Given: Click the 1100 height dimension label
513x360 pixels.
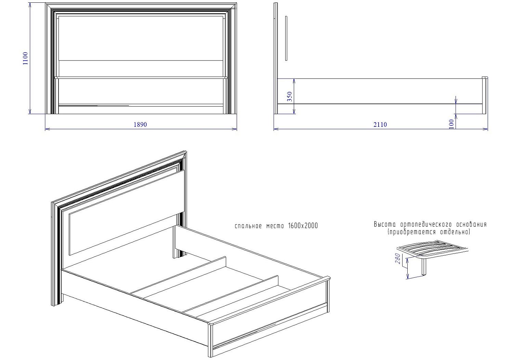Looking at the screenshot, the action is coord(25,58).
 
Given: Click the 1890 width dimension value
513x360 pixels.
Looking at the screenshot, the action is coord(140,124).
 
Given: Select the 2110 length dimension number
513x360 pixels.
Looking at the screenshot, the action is coord(380,124).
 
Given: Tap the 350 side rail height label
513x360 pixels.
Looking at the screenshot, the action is coord(290,96).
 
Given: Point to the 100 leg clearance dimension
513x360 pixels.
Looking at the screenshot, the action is coord(451,124).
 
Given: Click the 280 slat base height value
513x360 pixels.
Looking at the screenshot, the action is coord(398,258).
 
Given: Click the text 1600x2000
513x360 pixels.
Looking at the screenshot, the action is coord(303,226).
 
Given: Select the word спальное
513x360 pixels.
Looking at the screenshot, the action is coord(248,226).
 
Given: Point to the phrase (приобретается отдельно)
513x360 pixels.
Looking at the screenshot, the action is coord(429,232).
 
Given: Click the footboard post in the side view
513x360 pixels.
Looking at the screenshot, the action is coord(485,95).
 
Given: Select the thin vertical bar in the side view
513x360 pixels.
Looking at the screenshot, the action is coord(286,38).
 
